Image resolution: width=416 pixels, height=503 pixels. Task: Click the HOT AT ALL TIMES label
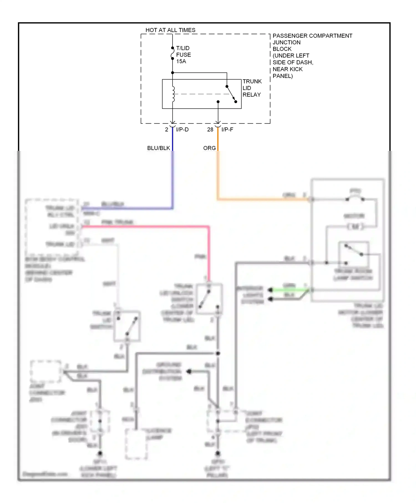coord(170,30)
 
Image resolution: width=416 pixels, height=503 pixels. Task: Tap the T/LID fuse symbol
coord(172,53)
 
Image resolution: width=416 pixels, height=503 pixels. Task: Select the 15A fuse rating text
coord(181,61)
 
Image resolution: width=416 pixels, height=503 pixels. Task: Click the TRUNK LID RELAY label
coord(252,88)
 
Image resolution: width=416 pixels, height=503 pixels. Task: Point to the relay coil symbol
coord(173,94)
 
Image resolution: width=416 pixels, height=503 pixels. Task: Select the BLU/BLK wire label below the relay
coord(158,148)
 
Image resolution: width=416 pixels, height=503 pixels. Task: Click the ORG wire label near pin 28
coord(209,148)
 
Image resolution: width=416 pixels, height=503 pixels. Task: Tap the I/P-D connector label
coord(182,129)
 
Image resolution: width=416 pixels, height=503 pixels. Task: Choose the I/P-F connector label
coord(227,129)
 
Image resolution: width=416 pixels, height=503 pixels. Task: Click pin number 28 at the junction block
coord(210,129)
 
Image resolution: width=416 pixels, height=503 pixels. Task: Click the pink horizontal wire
coord(144,227)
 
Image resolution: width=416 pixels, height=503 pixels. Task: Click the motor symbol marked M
coord(355,227)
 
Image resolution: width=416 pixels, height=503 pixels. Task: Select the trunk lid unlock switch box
coord(209,299)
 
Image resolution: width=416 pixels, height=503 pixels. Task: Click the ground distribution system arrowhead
coord(189,372)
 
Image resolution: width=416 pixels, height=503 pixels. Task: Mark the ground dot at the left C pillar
coord(218,454)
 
